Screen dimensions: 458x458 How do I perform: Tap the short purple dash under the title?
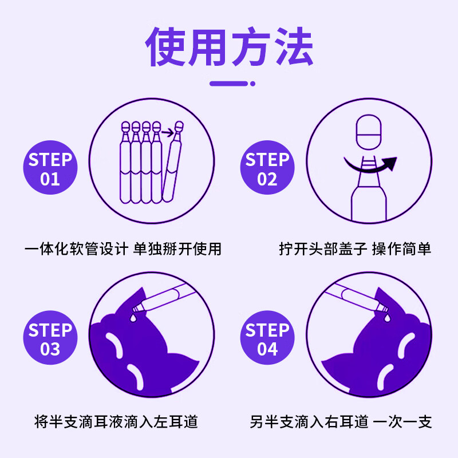[x=228, y=84]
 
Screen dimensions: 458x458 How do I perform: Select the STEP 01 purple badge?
[x=50, y=169]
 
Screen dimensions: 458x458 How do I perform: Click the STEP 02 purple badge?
[x=267, y=169]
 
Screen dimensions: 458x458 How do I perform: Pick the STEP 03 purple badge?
[x=50, y=339]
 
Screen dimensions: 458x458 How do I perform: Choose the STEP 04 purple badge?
[x=267, y=339]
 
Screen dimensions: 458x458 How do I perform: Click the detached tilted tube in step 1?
[x=173, y=166]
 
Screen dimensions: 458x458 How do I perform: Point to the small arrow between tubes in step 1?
[x=167, y=133]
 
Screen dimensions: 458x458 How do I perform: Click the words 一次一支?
[x=402, y=423]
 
